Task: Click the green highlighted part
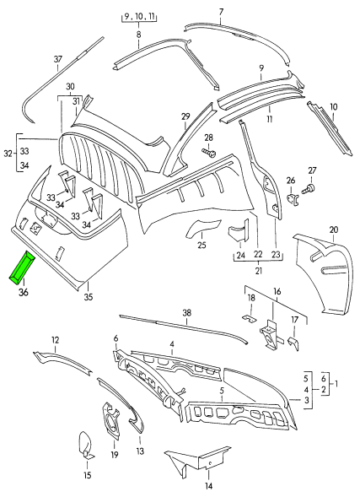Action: (x=22, y=267)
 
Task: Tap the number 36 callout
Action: (x=23, y=293)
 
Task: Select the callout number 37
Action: (x=57, y=58)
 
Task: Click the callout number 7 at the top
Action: (x=221, y=12)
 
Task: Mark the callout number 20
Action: (x=333, y=230)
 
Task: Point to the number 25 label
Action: (x=201, y=246)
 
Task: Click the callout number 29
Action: (x=185, y=116)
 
